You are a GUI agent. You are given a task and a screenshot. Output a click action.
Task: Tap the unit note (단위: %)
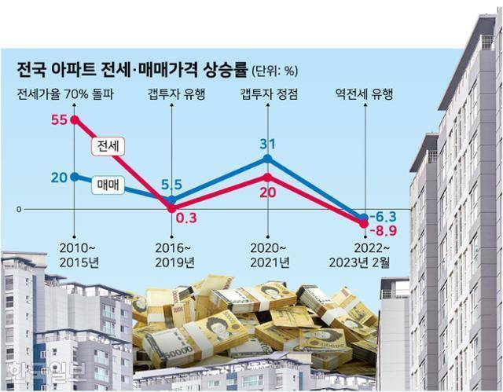tap(274, 71)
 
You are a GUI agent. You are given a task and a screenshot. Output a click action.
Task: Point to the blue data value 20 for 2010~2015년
tap(58, 177)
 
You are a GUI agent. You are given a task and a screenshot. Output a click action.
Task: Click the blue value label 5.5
tap(172, 185)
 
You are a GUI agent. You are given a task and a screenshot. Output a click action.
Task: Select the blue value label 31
tap(268, 145)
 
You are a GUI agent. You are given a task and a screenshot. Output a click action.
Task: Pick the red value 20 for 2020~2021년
tap(268, 192)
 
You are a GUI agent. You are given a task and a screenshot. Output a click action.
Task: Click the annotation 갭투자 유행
tap(173, 96)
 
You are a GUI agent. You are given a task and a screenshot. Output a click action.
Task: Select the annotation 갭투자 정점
tap(268, 96)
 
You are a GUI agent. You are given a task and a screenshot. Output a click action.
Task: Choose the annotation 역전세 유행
tap(364, 96)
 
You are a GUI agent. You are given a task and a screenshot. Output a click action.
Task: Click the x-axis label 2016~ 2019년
tap(173, 254)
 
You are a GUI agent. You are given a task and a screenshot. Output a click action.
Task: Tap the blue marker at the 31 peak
tap(268, 159)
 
